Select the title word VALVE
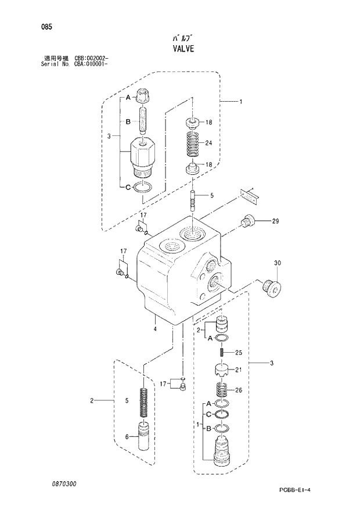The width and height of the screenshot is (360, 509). (180, 49)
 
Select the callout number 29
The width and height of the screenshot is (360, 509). (275, 221)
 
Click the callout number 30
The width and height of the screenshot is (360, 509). (277, 263)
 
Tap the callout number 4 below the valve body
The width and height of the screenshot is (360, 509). (155, 329)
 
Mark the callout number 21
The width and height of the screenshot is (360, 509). (237, 369)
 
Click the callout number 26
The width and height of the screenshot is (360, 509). (238, 390)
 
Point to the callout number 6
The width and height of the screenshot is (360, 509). (127, 437)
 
